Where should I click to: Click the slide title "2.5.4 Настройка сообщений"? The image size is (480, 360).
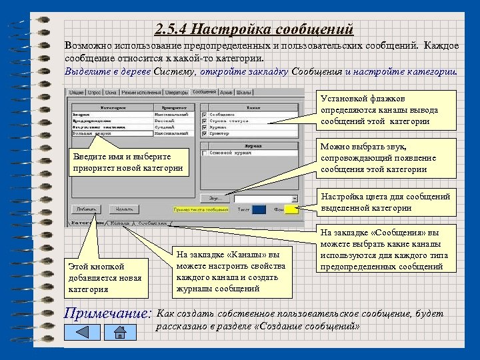pos(253,29)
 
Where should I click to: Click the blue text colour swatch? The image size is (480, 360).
pos(259,209)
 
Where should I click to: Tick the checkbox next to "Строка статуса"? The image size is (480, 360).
pos(205,121)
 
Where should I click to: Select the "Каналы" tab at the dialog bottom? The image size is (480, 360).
pos(120,223)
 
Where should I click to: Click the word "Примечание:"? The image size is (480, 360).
pos(107,312)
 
